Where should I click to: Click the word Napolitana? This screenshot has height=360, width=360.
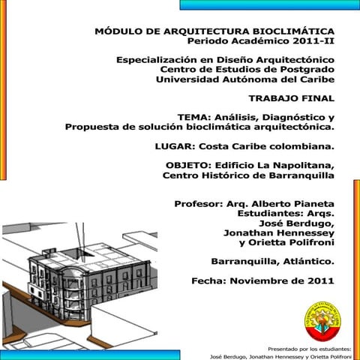coord(303,165)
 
